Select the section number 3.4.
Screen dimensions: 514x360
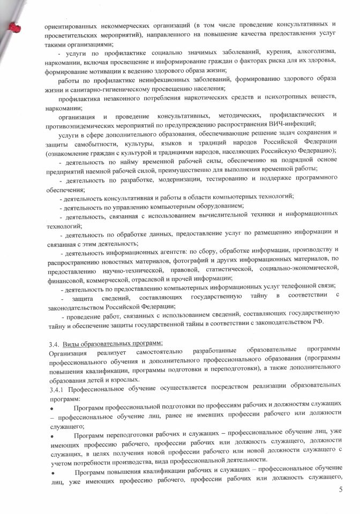tap(53, 343)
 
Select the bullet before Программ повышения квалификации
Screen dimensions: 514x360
tap(52, 473)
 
